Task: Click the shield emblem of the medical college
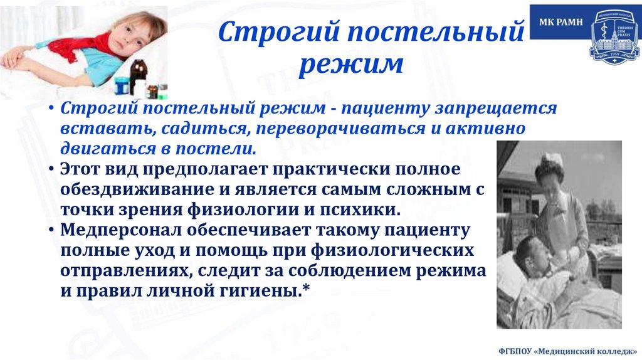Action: click(614, 34)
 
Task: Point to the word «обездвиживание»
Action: click(125, 190)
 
